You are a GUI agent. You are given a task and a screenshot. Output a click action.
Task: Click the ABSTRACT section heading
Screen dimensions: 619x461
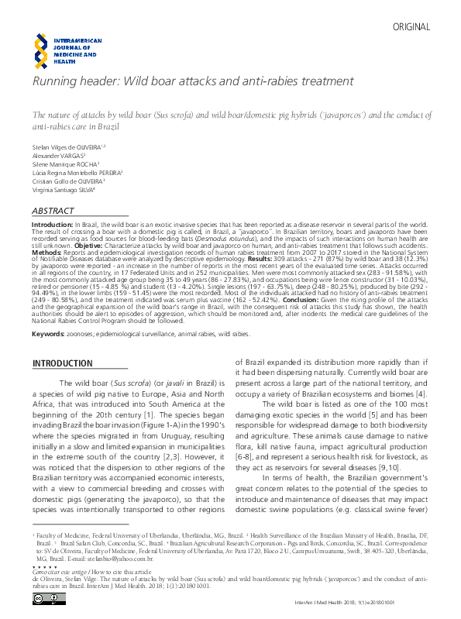[53, 211]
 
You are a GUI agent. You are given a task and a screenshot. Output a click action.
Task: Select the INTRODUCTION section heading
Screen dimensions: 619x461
[61, 363]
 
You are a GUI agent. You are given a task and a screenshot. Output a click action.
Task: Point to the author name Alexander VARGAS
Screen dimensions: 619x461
[56, 156]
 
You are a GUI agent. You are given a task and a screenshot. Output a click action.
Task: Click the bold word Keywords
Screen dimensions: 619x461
[46, 333]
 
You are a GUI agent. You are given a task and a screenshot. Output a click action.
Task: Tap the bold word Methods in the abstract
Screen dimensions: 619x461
[48, 251]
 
